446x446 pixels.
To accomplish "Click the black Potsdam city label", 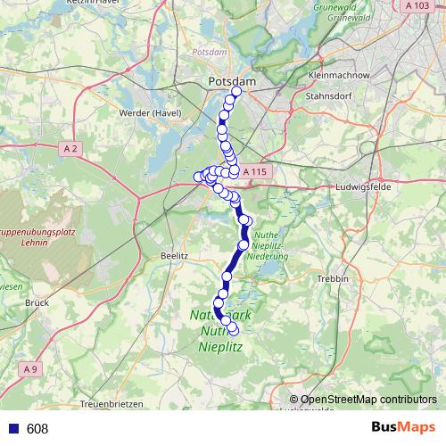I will coord(232,81).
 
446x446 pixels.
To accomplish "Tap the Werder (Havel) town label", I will coord(155,113).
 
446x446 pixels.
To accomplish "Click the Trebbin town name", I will coord(332,279).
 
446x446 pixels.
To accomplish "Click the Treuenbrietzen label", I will coord(111,404).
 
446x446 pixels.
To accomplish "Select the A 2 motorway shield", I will coord(72,147).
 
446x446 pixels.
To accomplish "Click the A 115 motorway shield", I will coord(253,171).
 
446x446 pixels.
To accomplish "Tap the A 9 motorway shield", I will coord(30,368).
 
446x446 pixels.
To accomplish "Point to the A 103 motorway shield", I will coord(416,5).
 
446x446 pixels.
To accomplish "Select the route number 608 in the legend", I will coord(37,429).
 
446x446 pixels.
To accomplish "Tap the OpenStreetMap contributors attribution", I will coord(368,400).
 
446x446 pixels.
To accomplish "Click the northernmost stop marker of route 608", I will coord(236,92).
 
